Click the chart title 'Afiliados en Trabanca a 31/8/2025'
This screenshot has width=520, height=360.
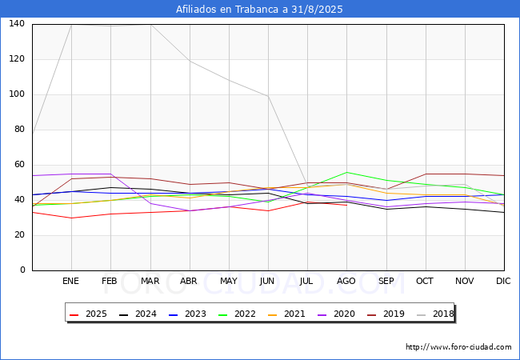tap(260, 9)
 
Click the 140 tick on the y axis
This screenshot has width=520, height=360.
tap(17, 24)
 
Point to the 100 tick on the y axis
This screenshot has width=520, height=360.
tap(17, 94)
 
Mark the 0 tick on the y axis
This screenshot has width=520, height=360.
tap(22, 270)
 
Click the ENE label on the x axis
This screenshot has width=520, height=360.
tap(71, 282)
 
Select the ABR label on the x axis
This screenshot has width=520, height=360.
tap(189, 282)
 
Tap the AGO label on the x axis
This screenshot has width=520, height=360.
tap(346, 282)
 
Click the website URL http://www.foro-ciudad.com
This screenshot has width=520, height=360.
tap(458, 347)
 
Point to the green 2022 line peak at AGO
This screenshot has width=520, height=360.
tap(346, 172)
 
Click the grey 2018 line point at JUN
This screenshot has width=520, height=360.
tap(268, 96)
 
